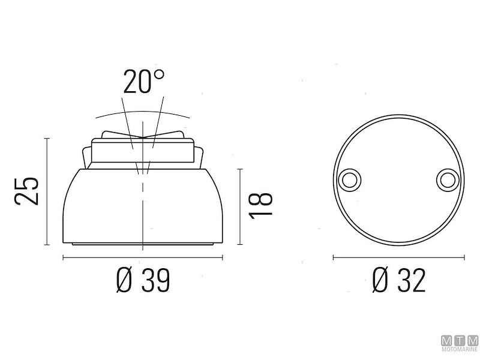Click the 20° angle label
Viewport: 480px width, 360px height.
click(x=143, y=82)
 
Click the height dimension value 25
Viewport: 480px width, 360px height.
click(x=28, y=191)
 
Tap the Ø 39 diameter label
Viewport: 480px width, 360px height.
click(x=143, y=280)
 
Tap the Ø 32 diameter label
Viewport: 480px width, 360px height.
click(x=398, y=280)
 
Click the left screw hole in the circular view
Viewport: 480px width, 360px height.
click(x=349, y=178)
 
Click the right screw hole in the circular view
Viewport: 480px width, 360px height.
click(x=447, y=178)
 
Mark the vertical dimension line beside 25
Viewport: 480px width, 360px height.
click(x=47, y=191)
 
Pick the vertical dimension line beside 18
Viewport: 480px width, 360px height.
click(x=241, y=206)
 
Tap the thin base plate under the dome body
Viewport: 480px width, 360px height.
click(x=143, y=244)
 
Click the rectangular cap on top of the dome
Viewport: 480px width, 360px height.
click(x=143, y=151)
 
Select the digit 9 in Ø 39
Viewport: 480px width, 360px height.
click(x=163, y=280)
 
